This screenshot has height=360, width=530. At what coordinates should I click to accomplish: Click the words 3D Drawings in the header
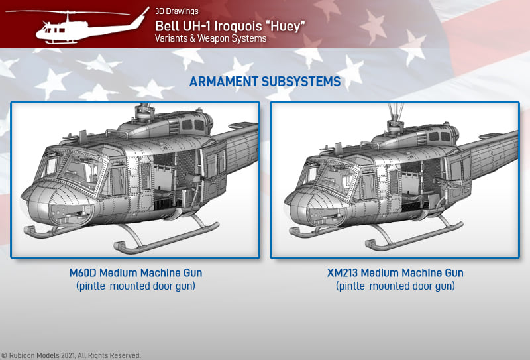176,11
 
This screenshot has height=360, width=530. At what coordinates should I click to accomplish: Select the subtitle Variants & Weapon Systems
211,38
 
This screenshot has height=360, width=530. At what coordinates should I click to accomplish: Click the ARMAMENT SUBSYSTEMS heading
265,82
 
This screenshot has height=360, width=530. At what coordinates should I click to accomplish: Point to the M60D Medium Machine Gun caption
136,272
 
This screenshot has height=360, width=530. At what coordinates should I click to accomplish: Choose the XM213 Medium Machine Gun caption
395,272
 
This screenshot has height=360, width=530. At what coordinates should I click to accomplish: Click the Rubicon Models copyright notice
71,355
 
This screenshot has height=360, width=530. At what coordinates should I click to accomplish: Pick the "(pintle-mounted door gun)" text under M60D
136,286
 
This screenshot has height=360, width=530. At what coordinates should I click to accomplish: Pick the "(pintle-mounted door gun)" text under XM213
395,286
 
